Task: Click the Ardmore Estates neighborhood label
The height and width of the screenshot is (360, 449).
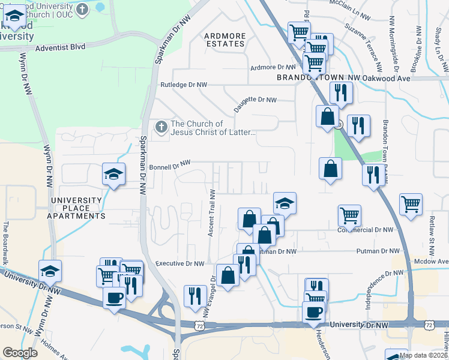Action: pyautogui.click(x=225, y=40)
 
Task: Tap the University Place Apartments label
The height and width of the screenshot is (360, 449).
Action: pyautogui.click(x=77, y=208)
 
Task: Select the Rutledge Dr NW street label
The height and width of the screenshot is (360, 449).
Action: pyautogui.click(x=183, y=85)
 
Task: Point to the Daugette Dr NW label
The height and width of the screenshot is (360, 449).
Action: pyautogui.click(x=255, y=100)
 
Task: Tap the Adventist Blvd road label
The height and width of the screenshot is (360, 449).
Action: pyautogui.click(x=60, y=46)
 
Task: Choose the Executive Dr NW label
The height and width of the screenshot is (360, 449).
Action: pyautogui.click(x=179, y=263)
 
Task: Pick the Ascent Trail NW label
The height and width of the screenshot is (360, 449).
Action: pyautogui.click(x=211, y=213)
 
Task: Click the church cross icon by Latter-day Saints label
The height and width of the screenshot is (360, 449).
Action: pyautogui.click(x=161, y=127)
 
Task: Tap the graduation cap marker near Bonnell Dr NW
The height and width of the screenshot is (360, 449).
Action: pyautogui.click(x=113, y=174)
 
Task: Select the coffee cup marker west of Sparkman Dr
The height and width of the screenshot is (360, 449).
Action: pyautogui.click(x=114, y=297)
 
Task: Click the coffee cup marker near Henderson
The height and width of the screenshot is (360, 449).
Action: pyautogui.click(x=313, y=312)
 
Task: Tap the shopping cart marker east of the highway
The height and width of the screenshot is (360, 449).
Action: pyautogui.click(x=411, y=204)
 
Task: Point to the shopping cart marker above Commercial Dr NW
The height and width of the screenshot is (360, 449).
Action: pyautogui.click(x=349, y=214)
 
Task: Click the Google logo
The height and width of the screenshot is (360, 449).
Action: pyautogui.click(x=20, y=353)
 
